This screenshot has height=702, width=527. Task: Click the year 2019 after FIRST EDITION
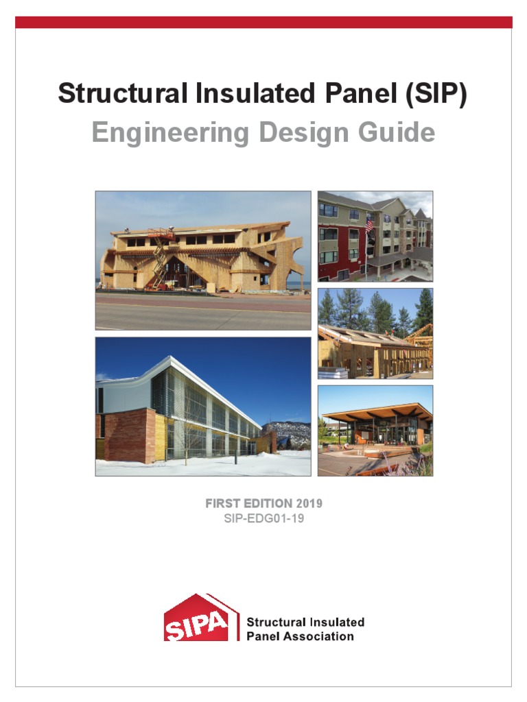click(309, 504)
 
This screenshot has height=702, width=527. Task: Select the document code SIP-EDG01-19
click(263, 519)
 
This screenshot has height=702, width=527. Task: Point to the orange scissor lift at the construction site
click(158, 261)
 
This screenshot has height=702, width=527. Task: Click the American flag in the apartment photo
click(369, 224)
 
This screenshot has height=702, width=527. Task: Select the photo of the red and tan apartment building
click(375, 236)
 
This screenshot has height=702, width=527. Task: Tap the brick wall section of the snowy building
click(126, 435)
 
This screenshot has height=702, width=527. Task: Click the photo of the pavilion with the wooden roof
click(375, 431)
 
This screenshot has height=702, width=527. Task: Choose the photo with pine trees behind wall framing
click(375, 333)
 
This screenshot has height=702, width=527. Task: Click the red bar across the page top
click(263, 22)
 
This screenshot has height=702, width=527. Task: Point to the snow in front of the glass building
click(206, 466)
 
